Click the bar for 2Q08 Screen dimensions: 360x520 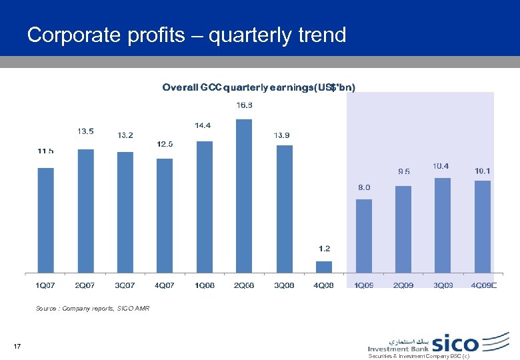(244, 196)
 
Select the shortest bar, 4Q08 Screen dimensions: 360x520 (323, 267)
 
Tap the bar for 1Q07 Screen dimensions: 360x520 (45, 220)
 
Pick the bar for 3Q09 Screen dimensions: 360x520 (443, 225)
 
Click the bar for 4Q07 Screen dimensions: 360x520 (165, 215)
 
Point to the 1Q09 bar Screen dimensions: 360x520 (363, 236)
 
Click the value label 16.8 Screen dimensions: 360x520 (244, 105)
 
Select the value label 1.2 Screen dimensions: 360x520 (324, 249)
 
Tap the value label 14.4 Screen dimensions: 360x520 (203, 125)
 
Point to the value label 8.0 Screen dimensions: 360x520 (364, 187)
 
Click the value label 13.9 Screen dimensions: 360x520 (282, 135)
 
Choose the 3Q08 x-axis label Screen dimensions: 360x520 (284, 286)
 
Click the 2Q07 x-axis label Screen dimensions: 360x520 (85, 286)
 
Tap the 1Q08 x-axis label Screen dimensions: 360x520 (205, 286)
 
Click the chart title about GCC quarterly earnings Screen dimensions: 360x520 (259, 87)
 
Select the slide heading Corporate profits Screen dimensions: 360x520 (187, 35)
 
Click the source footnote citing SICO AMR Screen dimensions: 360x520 (93, 309)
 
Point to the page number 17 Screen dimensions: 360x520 (17, 345)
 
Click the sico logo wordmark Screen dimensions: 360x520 (456, 343)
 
